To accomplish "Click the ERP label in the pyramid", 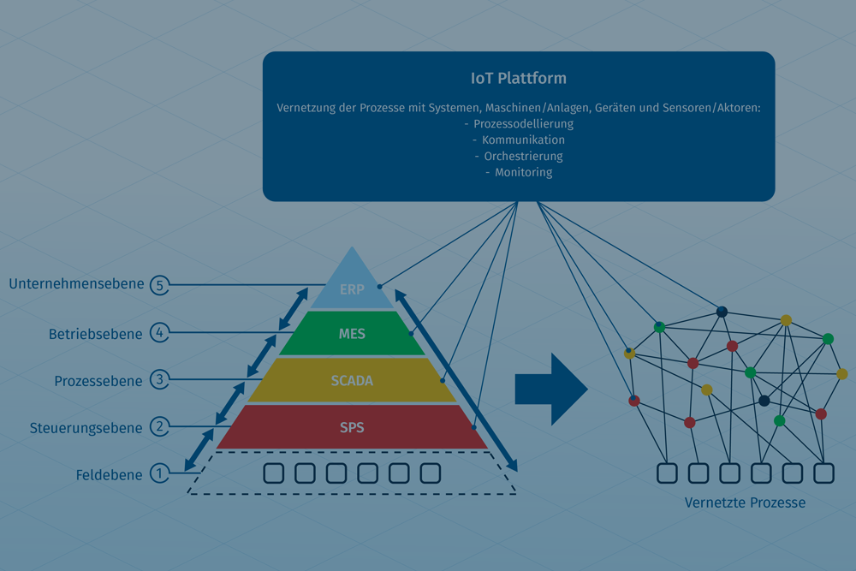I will pos(352,289).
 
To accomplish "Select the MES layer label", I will pos(352,334).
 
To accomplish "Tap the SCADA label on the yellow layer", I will pos(352,380).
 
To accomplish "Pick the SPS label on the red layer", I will pos(352,427).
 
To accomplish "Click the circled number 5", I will pos(159,285).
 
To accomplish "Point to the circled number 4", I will pos(159,332).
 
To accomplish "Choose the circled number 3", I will pos(159,379).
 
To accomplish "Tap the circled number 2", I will pos(159,426).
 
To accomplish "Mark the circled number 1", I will pos(159,473).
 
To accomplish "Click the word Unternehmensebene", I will pos(76,284).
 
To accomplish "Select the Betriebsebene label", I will pos(95,334).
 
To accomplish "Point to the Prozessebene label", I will pos(98,381).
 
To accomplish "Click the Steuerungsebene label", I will pos(86,427).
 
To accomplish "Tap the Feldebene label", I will pos(109,474).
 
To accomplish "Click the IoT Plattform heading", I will pos(519,79).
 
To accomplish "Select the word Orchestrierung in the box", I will pos(523,157).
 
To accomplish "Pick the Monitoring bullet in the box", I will pos(523,172).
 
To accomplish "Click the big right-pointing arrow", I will pos(550,389).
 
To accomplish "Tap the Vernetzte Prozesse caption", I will pos(745,503).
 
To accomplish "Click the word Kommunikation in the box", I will pos(523,140).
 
